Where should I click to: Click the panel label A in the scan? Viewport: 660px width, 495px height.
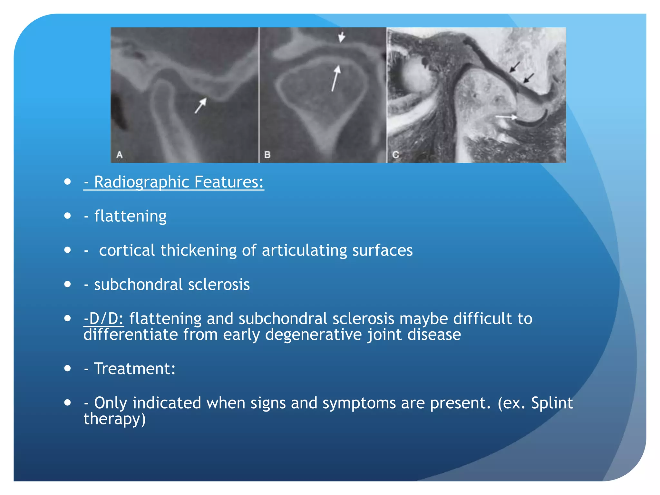(120, 155)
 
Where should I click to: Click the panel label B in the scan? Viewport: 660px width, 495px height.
(267, 155)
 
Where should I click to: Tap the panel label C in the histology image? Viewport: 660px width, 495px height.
(395, 155)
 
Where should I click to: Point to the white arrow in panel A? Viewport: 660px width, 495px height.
(200, 105)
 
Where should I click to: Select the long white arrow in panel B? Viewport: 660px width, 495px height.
(336, 78)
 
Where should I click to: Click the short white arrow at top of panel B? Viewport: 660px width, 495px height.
(342, 37)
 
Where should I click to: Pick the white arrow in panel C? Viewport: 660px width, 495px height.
(506, 117)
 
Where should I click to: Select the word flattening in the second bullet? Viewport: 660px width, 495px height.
(130, 216)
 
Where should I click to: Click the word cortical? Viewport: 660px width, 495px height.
(127, 250)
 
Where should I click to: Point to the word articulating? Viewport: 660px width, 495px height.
(304, 250)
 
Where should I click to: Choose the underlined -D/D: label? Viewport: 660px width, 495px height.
(103, 319)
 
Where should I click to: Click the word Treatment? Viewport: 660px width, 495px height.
(134, 369)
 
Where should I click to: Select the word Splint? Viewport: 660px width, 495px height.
(552, 403)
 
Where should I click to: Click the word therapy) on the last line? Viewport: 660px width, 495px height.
(114, 419)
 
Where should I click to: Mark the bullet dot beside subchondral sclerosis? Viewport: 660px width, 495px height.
(67, 284)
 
